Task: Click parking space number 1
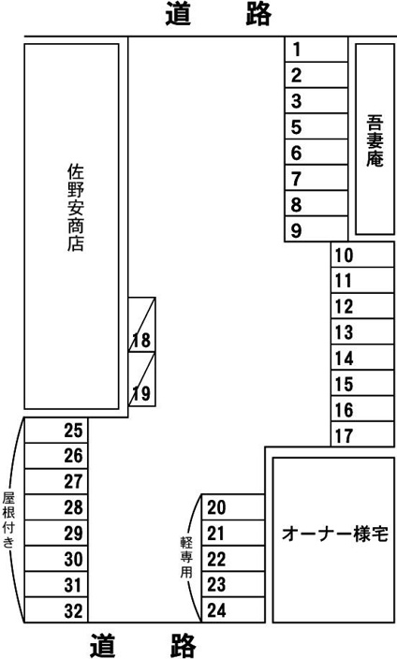pyautogui.click(x=316, y=50)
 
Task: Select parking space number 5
pyautogui.click(x=316, y=126)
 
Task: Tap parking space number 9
pyautogui.click(x=316, y=229)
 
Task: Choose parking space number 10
pyautogui.click(x=362, y=255)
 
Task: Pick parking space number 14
pyautogui.click(x=362, y=358)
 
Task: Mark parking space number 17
pyautogui.click(x=362, y=434)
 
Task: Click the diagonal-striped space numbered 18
pyautogui.click(x=142, y=325)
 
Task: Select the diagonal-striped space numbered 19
pyautogui.click(x=142, y=379)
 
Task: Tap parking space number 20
pyautogui.click(x=233, y=506)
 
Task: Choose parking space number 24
pyautogui.click(x=233, y=609)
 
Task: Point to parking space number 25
pyautogui.click(x=56, y=430)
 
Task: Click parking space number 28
pyautogui.click(x=56, y=506)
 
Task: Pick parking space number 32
pyautogui.click(x=56, y=609)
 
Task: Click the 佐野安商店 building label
pyautogui.click(x=76, y=208)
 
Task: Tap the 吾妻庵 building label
pyautogui.click(x=375, y=140)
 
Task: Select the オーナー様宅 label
pyautogui.click(x=335, y=534)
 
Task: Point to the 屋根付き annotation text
pyautogui.click(x=8, y=520)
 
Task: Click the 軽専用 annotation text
pyautogui.click(x=186, y=557)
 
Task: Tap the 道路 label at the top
pyautogui.click(x=218, y=14)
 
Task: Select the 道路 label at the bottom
pyautogui.click(x=143, y=645)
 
